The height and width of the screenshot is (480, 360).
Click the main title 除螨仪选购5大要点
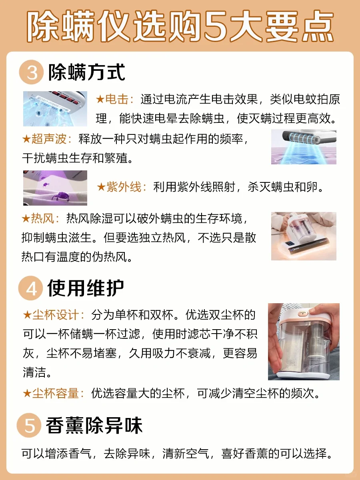180,26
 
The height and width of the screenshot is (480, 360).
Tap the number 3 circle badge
31,72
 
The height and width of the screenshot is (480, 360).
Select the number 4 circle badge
31,288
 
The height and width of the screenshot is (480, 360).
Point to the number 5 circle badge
29,425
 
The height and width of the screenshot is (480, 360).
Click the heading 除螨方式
86,72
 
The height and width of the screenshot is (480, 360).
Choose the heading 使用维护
86,288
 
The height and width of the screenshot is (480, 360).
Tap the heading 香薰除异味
94,425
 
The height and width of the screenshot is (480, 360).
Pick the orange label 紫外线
124,187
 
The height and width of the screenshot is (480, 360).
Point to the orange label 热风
42,218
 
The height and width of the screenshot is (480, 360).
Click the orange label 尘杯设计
56,315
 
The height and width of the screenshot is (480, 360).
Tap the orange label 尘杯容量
56,394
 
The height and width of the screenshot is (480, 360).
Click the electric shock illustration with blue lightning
55,109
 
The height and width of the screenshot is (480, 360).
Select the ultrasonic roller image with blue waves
304,147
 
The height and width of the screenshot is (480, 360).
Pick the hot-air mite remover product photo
304,236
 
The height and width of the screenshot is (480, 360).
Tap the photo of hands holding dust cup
304,342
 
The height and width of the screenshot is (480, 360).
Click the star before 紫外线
102,187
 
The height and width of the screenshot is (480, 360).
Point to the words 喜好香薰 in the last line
244,454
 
